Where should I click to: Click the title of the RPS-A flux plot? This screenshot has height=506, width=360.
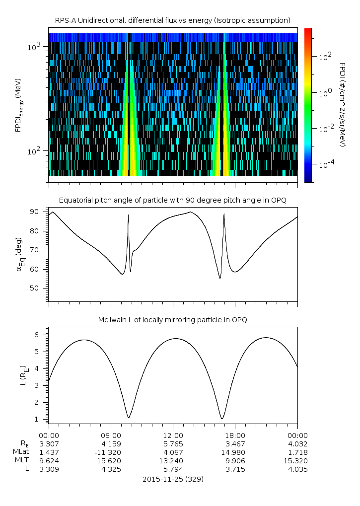coord(172,20)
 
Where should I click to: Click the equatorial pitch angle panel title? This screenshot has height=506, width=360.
coord(172,200)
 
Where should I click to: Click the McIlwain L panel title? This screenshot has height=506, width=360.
coord(172,320)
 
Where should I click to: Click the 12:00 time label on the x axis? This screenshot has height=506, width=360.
coord(173,435)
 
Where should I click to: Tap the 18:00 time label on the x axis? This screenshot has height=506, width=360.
coord(235,435)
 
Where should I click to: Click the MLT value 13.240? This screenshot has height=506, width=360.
coord(173,460)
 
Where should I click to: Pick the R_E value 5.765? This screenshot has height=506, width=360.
coord(173,444)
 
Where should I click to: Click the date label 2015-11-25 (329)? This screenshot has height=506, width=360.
coord(173,479)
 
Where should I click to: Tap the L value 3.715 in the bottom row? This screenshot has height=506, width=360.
coord(235,468)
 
